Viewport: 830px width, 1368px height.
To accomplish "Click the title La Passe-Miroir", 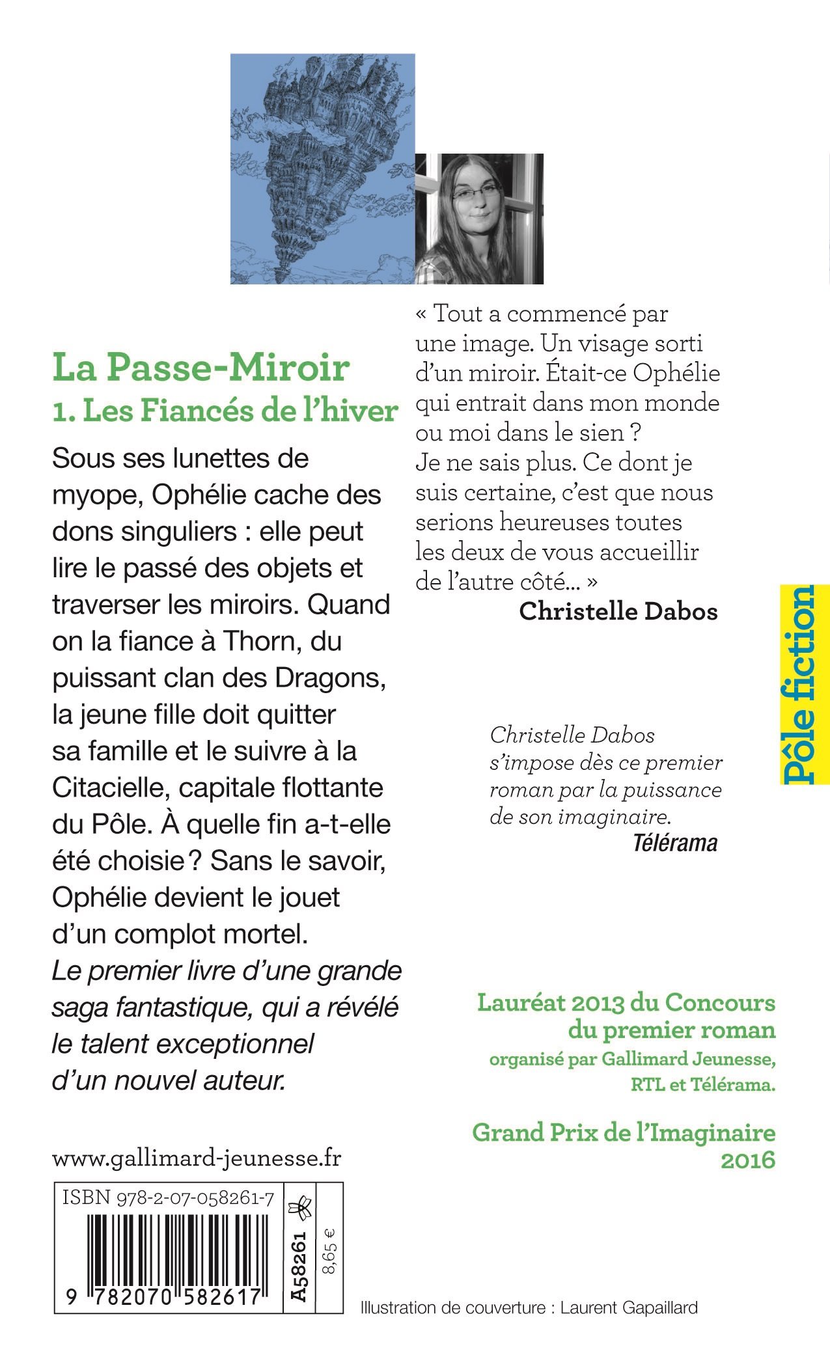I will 201,368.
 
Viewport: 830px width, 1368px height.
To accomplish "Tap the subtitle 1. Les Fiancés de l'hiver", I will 225,411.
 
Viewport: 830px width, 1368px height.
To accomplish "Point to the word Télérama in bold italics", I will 674,843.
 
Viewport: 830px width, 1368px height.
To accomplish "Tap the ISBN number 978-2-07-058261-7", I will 167,1198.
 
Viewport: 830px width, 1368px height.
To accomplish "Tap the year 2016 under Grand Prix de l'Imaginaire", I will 748,1160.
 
